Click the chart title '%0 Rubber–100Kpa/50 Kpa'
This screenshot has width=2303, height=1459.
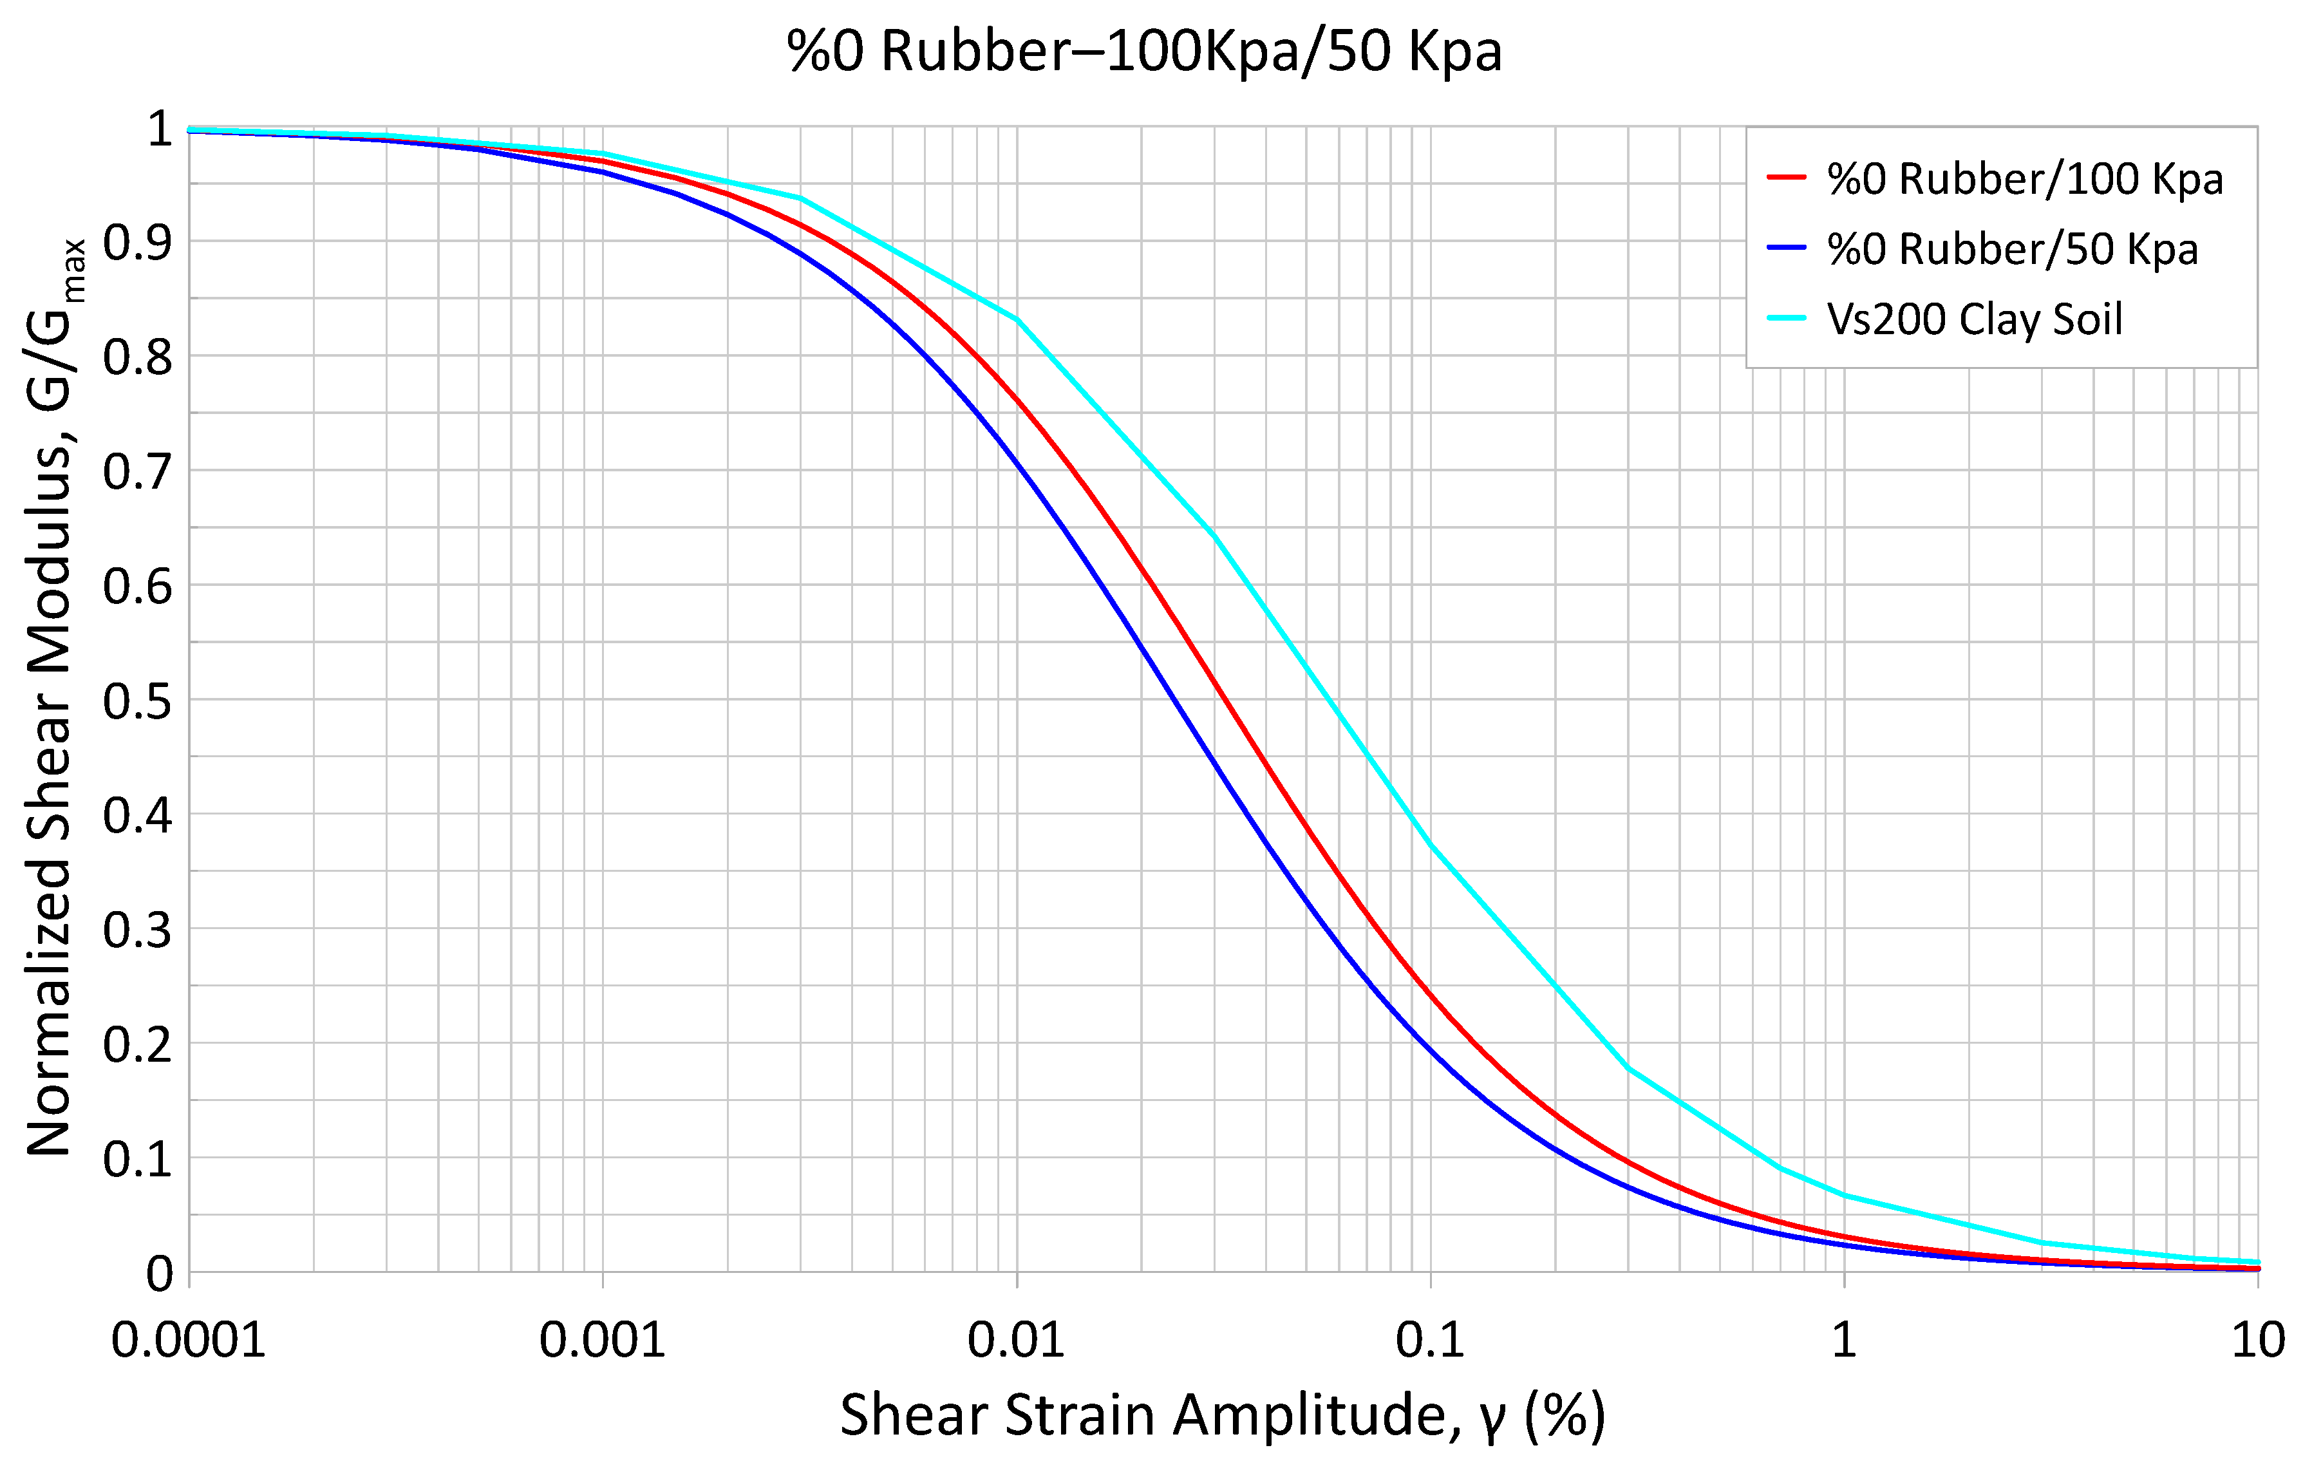[x=1145, y=52]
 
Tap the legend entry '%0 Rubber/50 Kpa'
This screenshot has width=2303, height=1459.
[x=2011, y=250]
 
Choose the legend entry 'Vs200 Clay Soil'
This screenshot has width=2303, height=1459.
[x=1974, y=319]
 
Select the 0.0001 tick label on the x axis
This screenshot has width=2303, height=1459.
[x=189, y=1341]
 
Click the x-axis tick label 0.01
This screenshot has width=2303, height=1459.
[x=1016, y=1341]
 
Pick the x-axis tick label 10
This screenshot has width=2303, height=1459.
[x=2257, y=1341]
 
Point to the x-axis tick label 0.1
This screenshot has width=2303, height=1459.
[x=1430, y=1341]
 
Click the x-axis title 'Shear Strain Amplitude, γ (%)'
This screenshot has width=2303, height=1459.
[x=1222, y=1416]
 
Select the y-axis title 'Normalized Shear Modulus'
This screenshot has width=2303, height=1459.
[x=53, y=699]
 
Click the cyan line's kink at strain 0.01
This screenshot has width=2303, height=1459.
[x=1017, y=319]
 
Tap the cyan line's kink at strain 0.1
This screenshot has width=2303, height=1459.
[x=1431, y=845]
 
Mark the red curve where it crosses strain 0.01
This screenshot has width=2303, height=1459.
[x=1017, y=402]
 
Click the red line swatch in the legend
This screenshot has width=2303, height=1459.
[x=1785, y=178]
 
